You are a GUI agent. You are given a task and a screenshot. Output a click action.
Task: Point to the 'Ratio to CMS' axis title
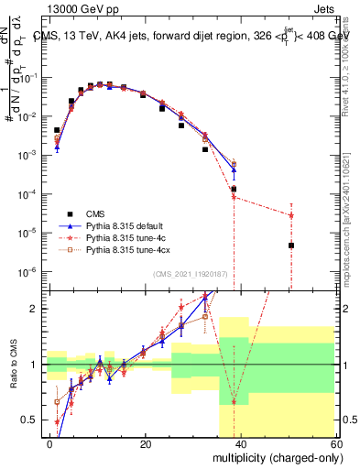coord(12,365)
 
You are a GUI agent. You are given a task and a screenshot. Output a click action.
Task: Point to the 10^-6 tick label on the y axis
coord(28,271)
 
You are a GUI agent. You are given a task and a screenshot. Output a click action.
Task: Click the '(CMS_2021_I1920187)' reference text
coord(190,275)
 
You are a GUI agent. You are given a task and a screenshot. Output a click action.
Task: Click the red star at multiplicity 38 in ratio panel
coord(234,402)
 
